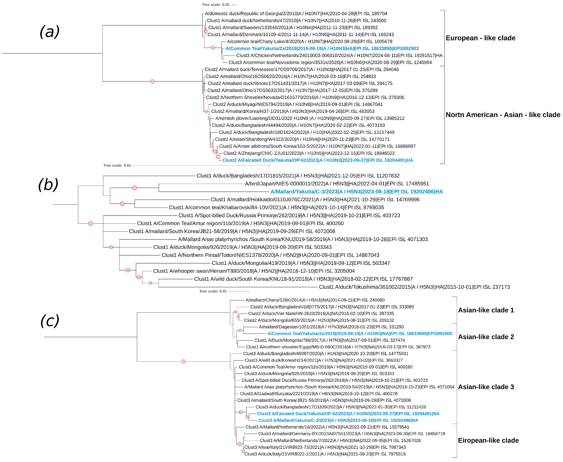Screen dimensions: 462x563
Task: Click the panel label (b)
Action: click(x=48, y=185)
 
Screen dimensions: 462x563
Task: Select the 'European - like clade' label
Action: click(x=480, y=38)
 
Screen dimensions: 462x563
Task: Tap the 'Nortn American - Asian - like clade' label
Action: click(x=503, y=115)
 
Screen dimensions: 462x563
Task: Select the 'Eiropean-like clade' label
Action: click(x=488, y=440)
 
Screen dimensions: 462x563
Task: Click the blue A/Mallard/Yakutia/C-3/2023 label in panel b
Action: click(x=356, y=192)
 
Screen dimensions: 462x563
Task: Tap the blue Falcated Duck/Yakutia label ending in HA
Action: click(x=318, y=160)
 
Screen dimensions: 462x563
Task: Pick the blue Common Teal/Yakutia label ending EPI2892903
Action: click(x=322, y=48)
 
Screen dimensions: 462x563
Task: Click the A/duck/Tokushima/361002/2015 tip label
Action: click(x=414, y=287)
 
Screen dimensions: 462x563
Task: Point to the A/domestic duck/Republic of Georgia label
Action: click(x=296, y=14)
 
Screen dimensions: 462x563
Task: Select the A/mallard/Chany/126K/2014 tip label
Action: click(x=315, y=300)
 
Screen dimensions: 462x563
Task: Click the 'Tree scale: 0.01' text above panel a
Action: click(x=215, y=4)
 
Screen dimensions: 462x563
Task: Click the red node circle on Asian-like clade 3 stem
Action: click(x=184, y=361)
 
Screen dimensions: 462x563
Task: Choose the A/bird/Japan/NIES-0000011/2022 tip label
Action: click(x=337, y=184)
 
